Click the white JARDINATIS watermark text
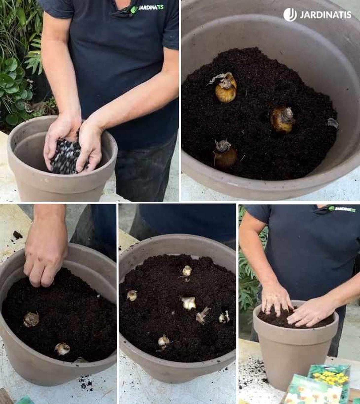click(325, 15)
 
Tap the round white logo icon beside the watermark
click(290, 15)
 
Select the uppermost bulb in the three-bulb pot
click(226, 88)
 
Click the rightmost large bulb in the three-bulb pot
click(283, 119)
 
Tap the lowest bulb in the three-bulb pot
click(225, 154)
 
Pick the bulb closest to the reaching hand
click(31, 319)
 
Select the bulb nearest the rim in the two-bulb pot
click(62, 349)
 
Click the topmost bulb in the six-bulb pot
click(187, 271)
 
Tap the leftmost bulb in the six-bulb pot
click(132, 296)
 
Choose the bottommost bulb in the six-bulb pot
click(163, 341)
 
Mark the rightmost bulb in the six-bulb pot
click(224, 317)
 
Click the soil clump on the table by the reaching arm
click(17, 235)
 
